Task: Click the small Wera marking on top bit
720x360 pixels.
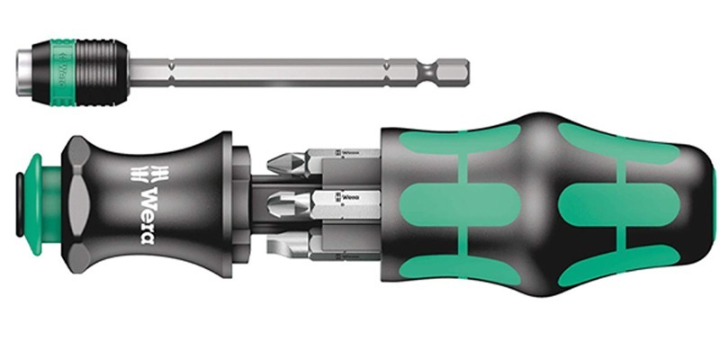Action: click(346, 153)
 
